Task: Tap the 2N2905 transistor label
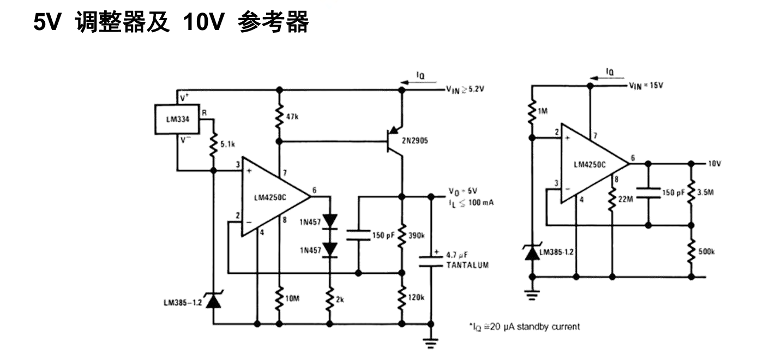[416, 141]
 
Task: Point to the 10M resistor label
[293, 299]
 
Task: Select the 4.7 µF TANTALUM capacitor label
[466, 260]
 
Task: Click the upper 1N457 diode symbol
[330, 221]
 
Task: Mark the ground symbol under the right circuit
[530, 295]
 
